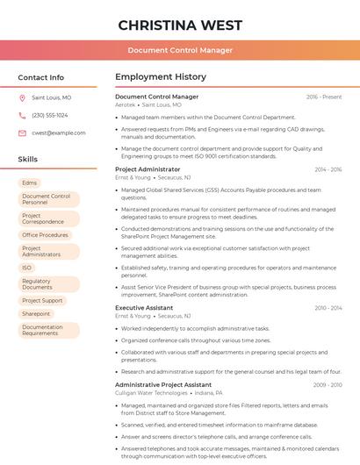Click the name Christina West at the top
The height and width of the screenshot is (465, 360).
(x=180, y=25)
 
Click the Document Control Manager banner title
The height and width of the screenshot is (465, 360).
(x=180, y=50)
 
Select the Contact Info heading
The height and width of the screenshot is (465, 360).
(x=41, y=77)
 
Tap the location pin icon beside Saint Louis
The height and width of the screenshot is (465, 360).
(x=22, y=98)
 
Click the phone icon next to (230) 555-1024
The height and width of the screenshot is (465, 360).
(x=22, y=116)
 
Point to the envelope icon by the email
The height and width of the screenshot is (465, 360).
(x=22, y=133)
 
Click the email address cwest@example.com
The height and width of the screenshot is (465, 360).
(x=59, y=133)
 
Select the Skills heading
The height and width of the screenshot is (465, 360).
(x=28, y=159)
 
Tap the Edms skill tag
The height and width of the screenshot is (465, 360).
(x=30, y=182)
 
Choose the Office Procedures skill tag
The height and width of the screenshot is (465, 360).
(x=45, y=235)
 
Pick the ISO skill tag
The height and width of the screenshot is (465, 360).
(x=27, y=268)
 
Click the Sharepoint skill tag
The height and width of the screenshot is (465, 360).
(x=36, y=313)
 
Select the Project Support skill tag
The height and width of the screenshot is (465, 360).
(x=42, y=300)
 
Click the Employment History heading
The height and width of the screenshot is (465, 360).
(x=161, y=77)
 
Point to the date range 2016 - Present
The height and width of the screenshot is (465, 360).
(x=324, y=97)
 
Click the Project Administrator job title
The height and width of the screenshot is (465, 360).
(x=148, y=168)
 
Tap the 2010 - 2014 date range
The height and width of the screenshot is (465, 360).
(x=328, y=308)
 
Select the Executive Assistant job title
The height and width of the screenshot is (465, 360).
(x=144, y=308)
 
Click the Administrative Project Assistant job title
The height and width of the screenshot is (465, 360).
(x=163, y=384)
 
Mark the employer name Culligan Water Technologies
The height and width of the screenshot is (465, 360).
(x=151, y=393)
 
